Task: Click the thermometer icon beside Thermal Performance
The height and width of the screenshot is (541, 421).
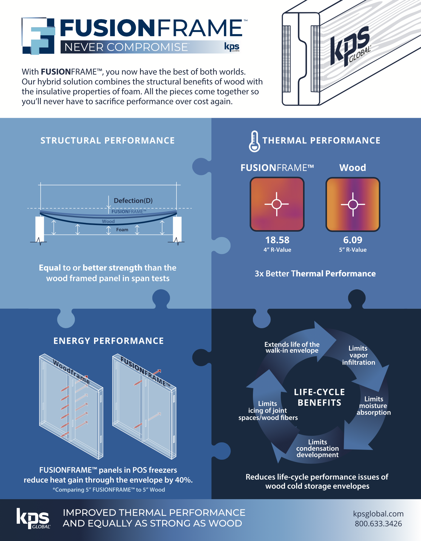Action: pyautogui.click(x=254, y=141)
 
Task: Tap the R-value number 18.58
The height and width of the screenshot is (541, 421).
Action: pyautogui.click(x=277, y=240)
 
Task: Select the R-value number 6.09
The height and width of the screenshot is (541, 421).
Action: pyautogui.click(x=353, y=240)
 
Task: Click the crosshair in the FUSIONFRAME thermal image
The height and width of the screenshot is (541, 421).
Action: pyautogui.click(x=277, y=204)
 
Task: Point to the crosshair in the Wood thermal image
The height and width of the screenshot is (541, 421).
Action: pyautogui.click(x=353, y=204)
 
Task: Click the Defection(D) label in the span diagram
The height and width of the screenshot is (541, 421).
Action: pyautogui.click(x=133, y=201)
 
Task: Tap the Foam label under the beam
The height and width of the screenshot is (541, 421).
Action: pyautogui.click(x=122, y=230)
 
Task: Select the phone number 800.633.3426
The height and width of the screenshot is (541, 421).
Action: pyautogui.click(x=378, y=524)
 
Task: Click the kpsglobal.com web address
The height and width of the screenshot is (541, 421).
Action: pyautogui.click(x=378, y=514)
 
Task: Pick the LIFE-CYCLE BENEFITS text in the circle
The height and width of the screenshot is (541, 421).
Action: pyautogui.click(x=319, y=397)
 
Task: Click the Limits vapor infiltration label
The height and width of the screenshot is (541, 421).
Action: pyautogui.click(x=358, y=355)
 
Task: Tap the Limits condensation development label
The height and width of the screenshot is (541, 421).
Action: pyautogui.click(x=317, y=448)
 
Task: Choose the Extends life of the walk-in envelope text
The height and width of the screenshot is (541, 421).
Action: pyautogui.click(x=292, y=347)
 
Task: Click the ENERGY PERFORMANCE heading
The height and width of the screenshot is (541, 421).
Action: pyautogui.click(x=109, y=341)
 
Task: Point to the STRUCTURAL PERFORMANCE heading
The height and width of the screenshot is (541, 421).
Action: pyautogui.click(x=108, y=140)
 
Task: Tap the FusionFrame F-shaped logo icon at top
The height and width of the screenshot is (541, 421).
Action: pyautogui.click(x=39, y=36)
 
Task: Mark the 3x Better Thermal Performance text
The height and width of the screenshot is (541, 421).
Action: pyautogui.click(x=315, y=273)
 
